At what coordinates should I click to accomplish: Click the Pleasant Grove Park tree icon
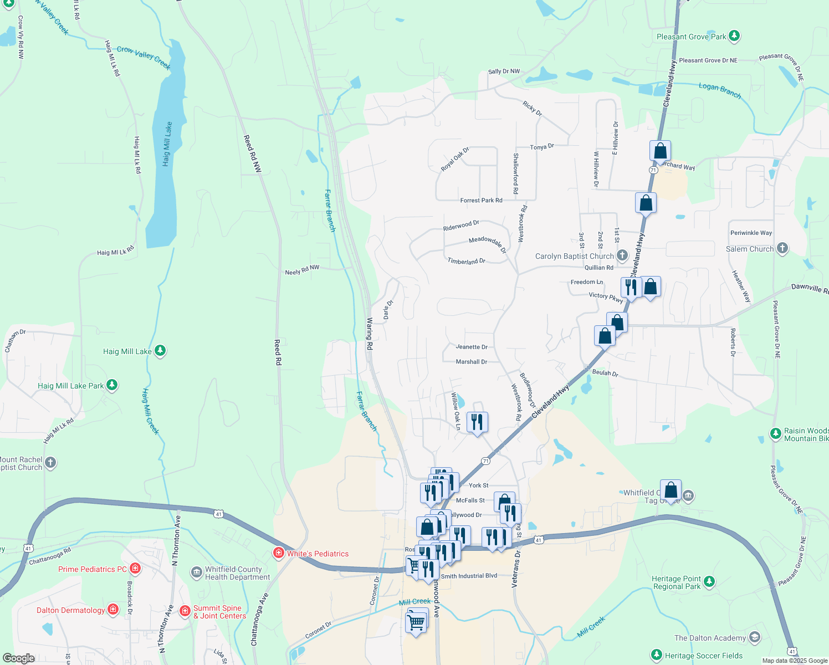734,36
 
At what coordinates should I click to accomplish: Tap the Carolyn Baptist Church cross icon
622,255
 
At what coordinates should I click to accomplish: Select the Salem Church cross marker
782,248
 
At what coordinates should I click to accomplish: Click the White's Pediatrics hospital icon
279,553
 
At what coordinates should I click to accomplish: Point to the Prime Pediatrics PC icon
135,569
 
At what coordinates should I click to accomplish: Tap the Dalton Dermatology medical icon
113,610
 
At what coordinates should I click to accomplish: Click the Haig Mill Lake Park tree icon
112,385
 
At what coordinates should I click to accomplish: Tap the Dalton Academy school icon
754,637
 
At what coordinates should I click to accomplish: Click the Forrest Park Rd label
481,201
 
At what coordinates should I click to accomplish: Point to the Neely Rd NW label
302,270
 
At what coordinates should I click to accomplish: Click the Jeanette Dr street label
472,347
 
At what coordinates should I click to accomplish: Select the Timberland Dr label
467,260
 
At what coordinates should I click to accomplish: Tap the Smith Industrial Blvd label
469,576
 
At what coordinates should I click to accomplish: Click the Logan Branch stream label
720,90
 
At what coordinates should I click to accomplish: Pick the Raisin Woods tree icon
776,433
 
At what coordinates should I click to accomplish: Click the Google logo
19,658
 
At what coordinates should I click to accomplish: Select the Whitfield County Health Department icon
196,572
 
